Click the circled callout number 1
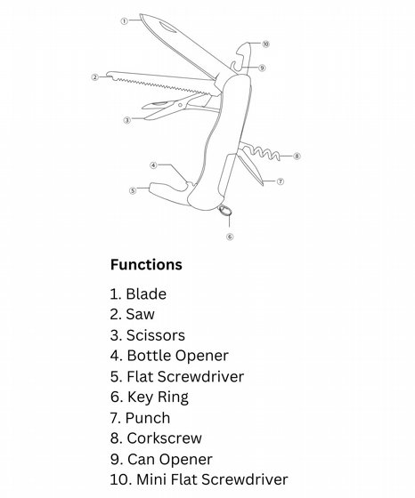click(x=124, y=21)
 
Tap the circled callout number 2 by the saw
click(x=94, y=77)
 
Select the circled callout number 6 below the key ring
click(x=230, y=237)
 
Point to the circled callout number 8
click(x=297, y=156)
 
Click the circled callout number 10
click(x=265, y=44)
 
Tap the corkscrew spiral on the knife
click(x=261, y=152)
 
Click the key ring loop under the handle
click(x=224, y=210)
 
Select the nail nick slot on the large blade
click(x=167, y=28)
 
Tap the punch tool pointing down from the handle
click(x=251, y=168)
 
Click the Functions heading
click(x=146, y=265)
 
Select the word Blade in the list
click(x=146, y=293)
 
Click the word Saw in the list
click(x=141, y=315)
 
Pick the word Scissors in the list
click(x=156, y=335)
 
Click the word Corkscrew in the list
click(x=165, y=438)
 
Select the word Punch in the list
click(x=148, y=418)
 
